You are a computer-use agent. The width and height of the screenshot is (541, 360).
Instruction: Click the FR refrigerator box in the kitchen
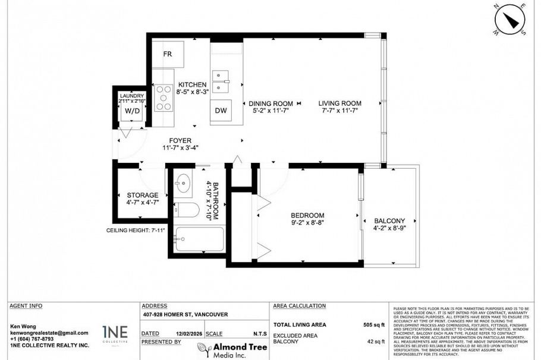[168, 54]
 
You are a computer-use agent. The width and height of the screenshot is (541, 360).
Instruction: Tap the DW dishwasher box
[220, 110]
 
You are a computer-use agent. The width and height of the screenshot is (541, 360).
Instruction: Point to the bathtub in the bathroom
[200, 242]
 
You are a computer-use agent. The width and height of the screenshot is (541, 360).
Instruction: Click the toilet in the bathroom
[189, 211]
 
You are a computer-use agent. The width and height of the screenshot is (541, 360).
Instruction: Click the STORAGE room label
[143, 195]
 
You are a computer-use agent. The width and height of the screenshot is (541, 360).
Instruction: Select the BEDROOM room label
[307, 215]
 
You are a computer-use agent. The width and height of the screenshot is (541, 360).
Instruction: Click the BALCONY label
[389, 220]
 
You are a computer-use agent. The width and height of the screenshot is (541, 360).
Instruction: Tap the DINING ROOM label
[270, 103]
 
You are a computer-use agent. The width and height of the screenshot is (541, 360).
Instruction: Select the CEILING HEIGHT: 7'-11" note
[134, 230]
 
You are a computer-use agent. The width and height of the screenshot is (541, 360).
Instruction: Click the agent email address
[49, 333]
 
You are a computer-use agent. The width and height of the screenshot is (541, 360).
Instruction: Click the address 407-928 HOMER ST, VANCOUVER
[185, 315]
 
